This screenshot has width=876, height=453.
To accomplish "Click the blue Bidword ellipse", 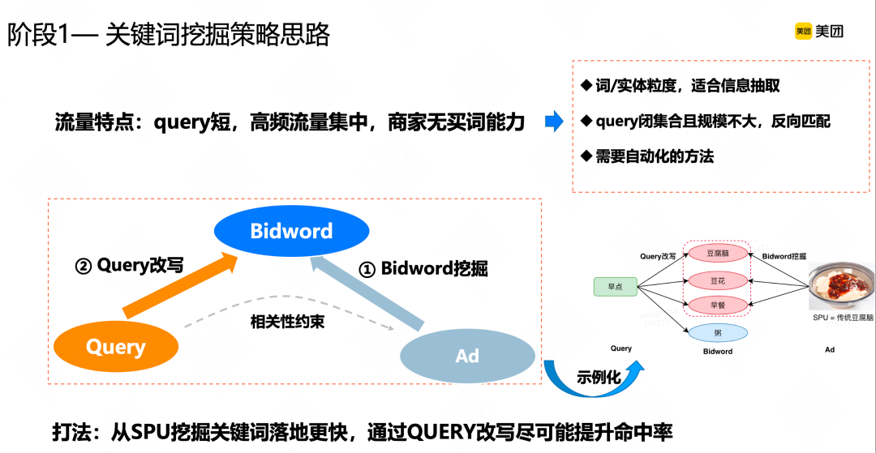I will pyautogui.click(x=291, y=231).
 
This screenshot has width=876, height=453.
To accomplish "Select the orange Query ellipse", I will pyautogui.click(x=116, y=347).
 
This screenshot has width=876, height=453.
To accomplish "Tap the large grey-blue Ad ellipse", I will pyautogui.click(x=467, y=356).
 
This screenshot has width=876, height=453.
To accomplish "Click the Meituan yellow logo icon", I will pyautogui.click(x=803, y=32).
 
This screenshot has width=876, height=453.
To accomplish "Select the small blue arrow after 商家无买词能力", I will pyautogui.click(x=554, y=122).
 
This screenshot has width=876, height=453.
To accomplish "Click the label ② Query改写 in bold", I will pyautogui.click(x=129, y=265).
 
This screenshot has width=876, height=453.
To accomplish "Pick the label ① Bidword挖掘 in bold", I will pyautogui.click(x=423, y=268).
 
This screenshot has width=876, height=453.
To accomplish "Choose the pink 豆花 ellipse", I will pyautogui.click(x=717, y=280).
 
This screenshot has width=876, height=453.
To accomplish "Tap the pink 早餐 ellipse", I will pyautogui.click(x=717, y=306).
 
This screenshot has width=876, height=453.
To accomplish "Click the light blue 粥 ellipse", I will pyautogui.click(x=717, y=332).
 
